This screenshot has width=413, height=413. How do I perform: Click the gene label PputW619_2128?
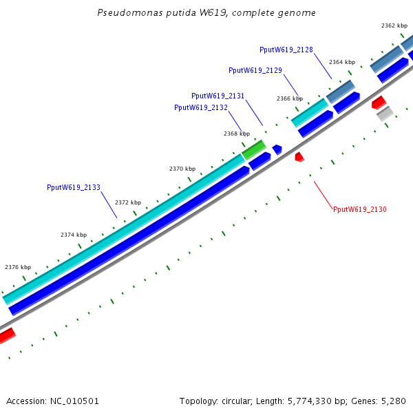[286, 50]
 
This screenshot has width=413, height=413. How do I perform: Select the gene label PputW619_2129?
[255, 70]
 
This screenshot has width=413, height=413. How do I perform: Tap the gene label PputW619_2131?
[218, 96]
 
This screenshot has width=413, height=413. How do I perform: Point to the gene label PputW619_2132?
[201, 107]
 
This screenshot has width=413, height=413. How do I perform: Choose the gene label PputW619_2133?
[74, 187]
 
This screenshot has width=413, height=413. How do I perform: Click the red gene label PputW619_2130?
[360, 209]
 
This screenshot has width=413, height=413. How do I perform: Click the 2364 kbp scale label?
[342, 62]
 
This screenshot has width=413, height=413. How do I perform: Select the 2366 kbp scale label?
[290, 98]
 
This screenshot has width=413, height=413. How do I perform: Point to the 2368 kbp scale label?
[237, 134]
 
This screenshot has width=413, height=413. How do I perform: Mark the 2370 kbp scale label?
[182, 169]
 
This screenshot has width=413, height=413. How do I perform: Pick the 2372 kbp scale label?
[128, 202]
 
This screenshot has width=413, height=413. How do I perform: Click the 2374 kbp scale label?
[74, 235]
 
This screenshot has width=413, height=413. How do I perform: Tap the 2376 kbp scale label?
[18, 267]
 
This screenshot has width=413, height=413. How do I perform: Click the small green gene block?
[254, 149]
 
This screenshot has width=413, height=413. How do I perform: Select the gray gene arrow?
[385, 114]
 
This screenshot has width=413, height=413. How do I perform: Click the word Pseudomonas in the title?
[124, 13]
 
